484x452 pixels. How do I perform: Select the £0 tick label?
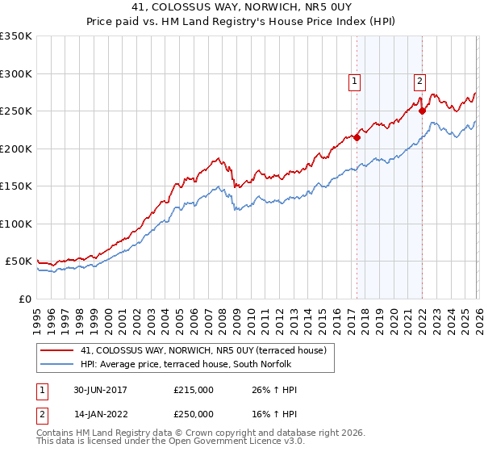[24, 299]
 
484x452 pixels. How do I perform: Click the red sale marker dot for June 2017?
[357, 137]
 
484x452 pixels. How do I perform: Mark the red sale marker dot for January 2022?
[422, 111]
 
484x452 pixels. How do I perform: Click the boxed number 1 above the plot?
[355, 80]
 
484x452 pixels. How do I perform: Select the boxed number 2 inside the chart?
[420, 80]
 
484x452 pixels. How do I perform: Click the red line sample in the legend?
[58, 350]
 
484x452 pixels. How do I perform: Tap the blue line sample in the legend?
[58, 363]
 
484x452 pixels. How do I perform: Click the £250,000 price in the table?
[193, 413]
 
